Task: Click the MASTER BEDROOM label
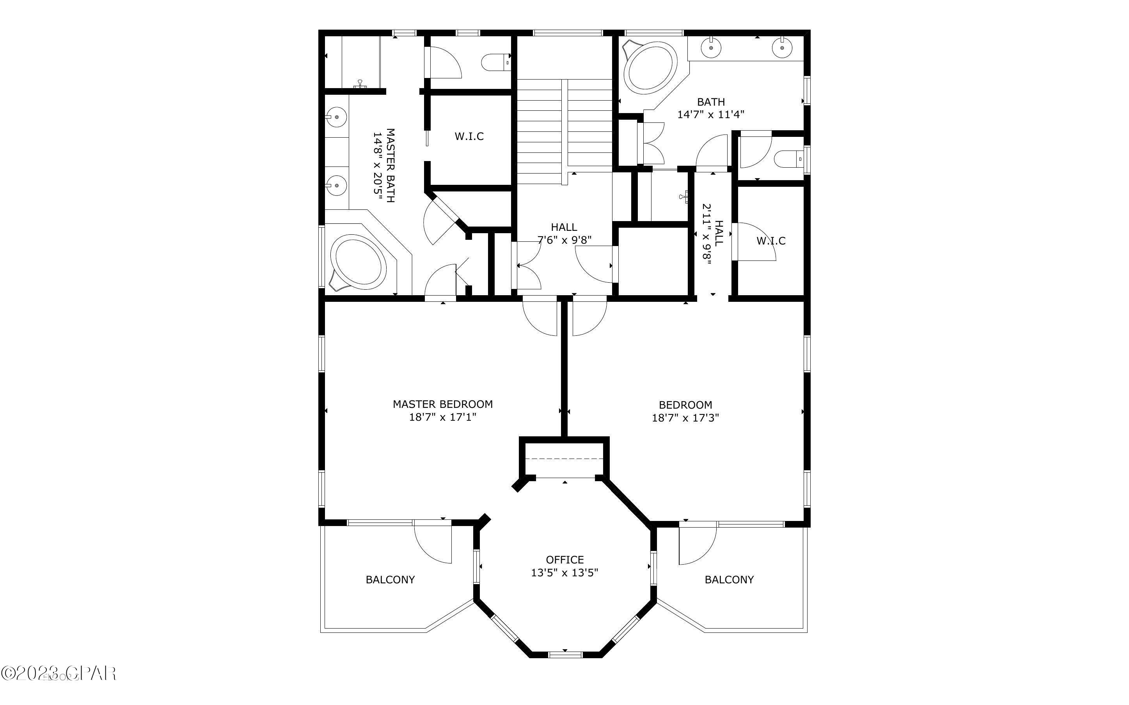442,404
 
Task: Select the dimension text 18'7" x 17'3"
685,418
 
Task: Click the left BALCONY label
390,579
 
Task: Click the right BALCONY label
729,579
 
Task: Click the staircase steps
564,126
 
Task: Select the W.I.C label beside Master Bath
469,136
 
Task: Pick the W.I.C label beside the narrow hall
771,241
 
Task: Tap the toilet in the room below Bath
788,159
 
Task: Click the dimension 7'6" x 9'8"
564,240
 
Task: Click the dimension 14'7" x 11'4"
710,114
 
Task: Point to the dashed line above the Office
564,459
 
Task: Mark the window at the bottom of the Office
565,655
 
